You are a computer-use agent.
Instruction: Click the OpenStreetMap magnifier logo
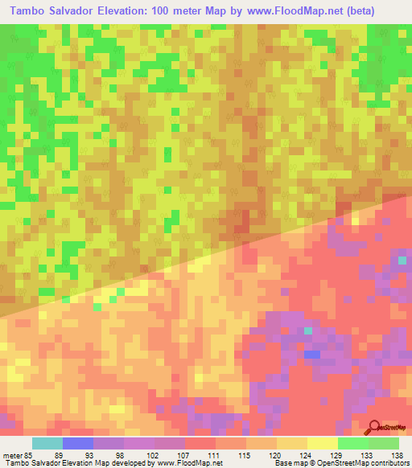374,428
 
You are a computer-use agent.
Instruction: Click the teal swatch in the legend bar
47,443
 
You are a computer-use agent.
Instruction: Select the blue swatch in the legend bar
78,443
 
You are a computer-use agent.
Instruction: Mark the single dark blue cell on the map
311,353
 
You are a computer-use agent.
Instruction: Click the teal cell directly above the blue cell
307,330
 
